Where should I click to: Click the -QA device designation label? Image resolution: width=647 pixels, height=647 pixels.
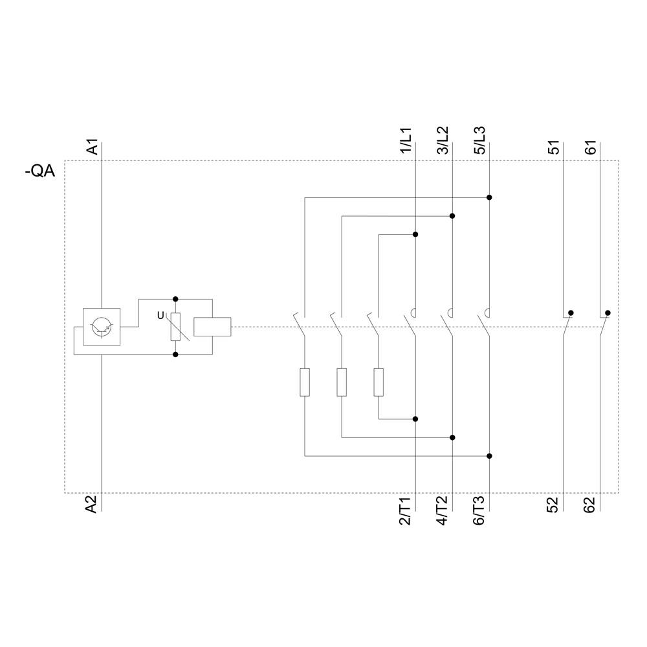click(x=39, y=172)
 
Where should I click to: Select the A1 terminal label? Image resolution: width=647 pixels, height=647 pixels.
click(x=93, y=146)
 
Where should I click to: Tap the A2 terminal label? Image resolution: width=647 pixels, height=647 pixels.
click(x=92, y=505)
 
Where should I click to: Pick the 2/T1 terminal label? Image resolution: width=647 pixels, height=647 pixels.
click(x=406, y=511)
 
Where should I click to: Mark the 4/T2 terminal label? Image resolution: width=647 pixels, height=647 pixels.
click(x=443, y=511)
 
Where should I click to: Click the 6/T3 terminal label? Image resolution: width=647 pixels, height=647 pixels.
click(x=479, y=511)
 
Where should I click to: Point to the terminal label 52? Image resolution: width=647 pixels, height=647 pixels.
click(x=554, y=505)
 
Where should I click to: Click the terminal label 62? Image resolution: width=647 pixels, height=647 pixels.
click(x=591, y=505)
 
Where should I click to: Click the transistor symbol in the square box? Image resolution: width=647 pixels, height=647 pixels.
click(x=102, y=327)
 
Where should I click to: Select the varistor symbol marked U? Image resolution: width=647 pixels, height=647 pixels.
click(x=175, y=327)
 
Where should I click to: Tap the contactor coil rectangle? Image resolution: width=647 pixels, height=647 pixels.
click(x=212, y=327)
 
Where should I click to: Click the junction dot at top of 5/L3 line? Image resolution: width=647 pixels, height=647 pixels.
click(x=489, y=197)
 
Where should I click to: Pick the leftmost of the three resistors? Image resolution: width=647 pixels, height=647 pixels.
click(x=305, y=382)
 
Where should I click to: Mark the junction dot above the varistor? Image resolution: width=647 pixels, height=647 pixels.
click(x=175, y=299)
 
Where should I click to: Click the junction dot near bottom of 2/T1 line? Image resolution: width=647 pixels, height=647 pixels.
click(x=415, y=419)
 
